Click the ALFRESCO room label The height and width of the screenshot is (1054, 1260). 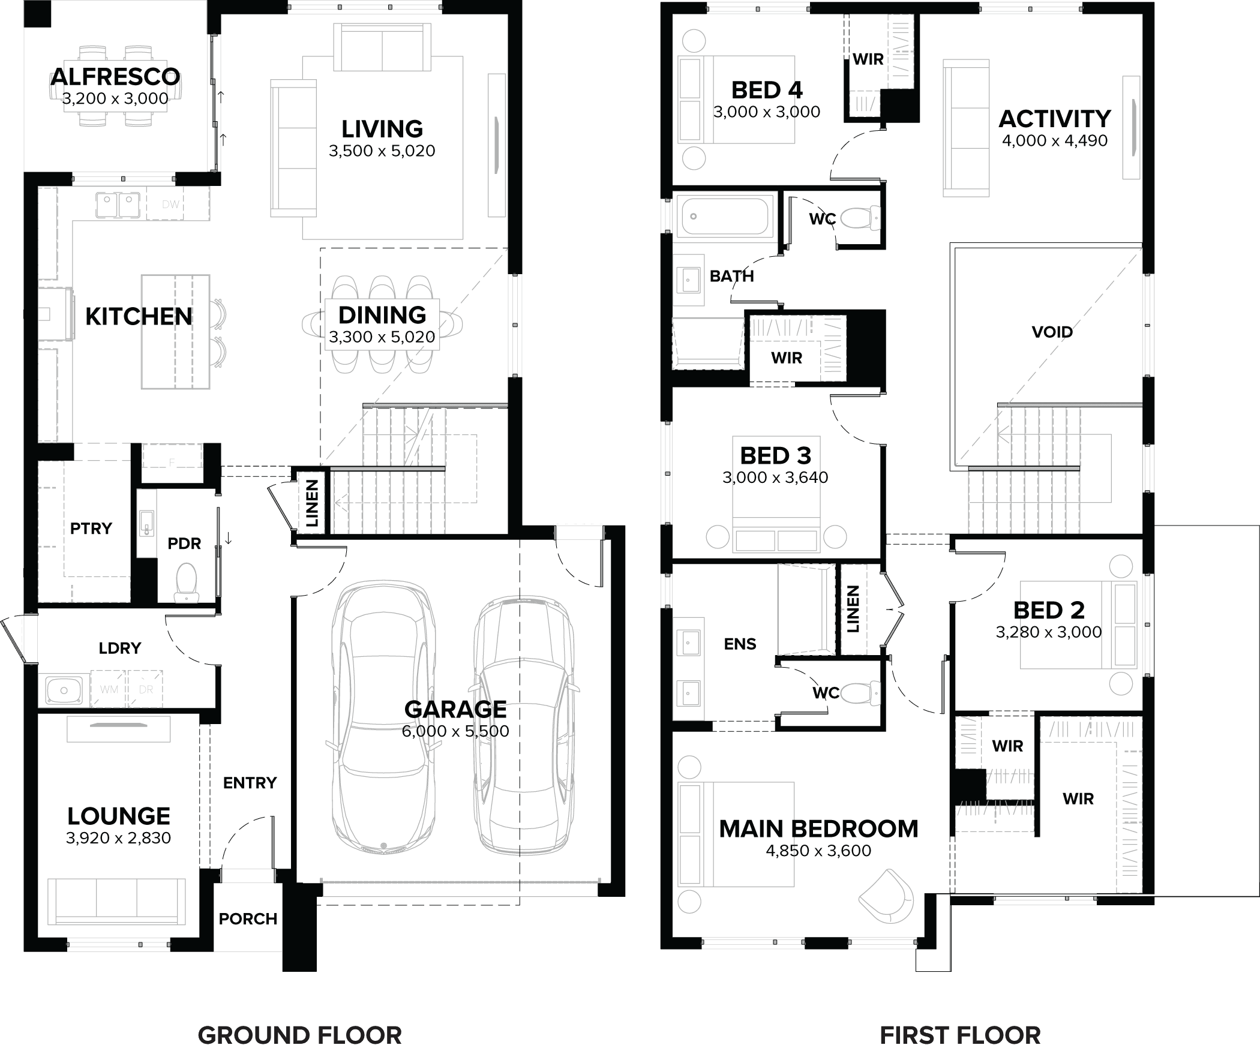tap(115, 77)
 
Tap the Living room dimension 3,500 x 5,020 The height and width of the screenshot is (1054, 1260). tap(382, 151)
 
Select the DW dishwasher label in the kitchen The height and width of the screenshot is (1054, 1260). tap(170, 205)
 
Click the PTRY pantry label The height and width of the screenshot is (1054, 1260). tap(91, 528)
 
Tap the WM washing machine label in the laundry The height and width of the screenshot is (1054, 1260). tap(109, 690)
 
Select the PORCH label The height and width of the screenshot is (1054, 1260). tap(248, 919)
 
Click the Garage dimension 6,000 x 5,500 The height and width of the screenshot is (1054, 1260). tap(455, 731)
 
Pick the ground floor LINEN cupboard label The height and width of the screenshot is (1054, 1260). tap(312, 503)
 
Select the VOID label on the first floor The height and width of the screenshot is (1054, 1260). tap(1052, 332)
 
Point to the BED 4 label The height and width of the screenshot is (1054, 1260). tap(767, 91)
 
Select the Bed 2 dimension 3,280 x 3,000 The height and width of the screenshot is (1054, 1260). tap(1049, 632)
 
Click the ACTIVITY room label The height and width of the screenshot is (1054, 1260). tap(1055, 119)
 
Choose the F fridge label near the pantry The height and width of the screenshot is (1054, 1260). tap(172, 463)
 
